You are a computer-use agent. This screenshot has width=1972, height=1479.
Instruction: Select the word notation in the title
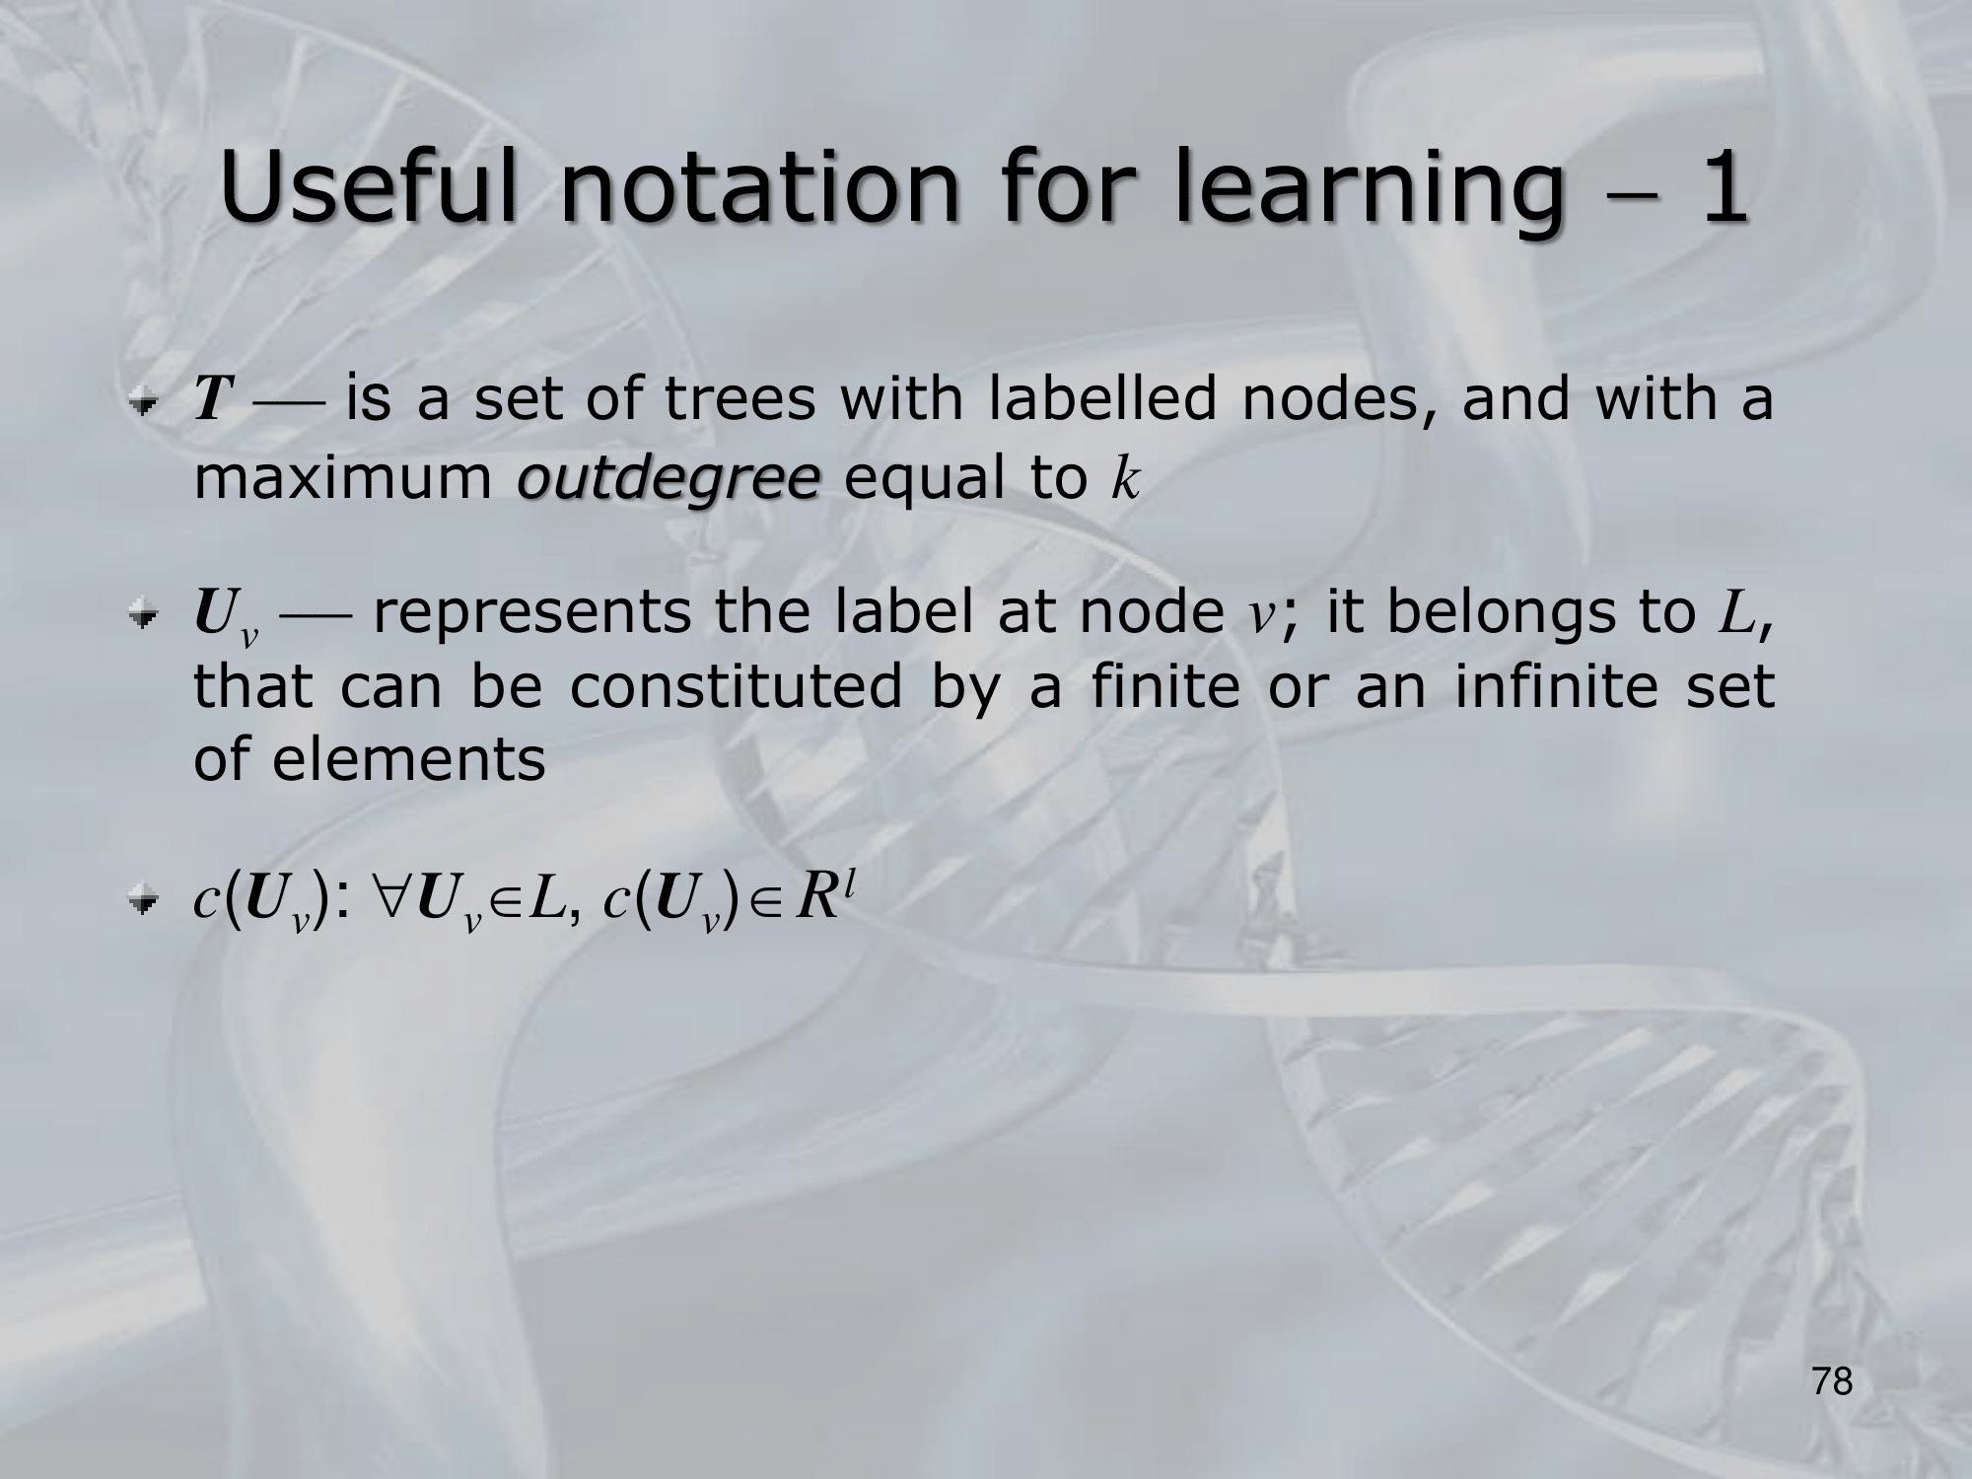click(x=759, y=187)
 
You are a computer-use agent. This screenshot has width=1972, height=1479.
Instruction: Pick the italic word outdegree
click(x=669, y=479)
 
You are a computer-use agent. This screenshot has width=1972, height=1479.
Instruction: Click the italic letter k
click(x=1124, y=479)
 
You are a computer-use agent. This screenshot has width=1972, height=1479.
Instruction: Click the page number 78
click(x=1833, y=1381)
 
